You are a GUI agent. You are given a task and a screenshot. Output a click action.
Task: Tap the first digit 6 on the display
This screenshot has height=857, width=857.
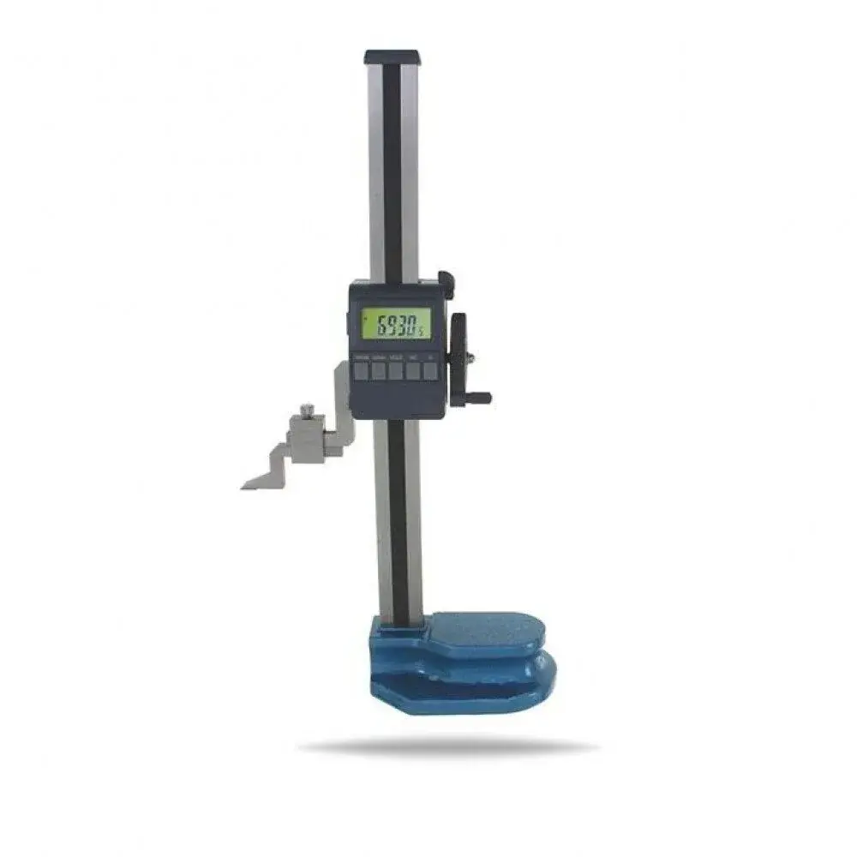pyautogui.click(x=375, y=325)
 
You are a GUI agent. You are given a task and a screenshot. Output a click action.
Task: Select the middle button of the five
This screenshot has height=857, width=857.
pyautogui.click(x=396, y=369)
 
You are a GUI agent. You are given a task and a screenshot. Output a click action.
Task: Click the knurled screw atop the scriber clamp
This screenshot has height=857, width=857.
pyautogui.click(x=307, y=409)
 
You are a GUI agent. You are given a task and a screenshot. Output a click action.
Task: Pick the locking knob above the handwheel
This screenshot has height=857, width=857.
pyautogui.click(x=445, y=281)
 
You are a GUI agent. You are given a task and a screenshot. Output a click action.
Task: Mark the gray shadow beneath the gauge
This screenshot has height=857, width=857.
pyautogui.click(x=446, y=747)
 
